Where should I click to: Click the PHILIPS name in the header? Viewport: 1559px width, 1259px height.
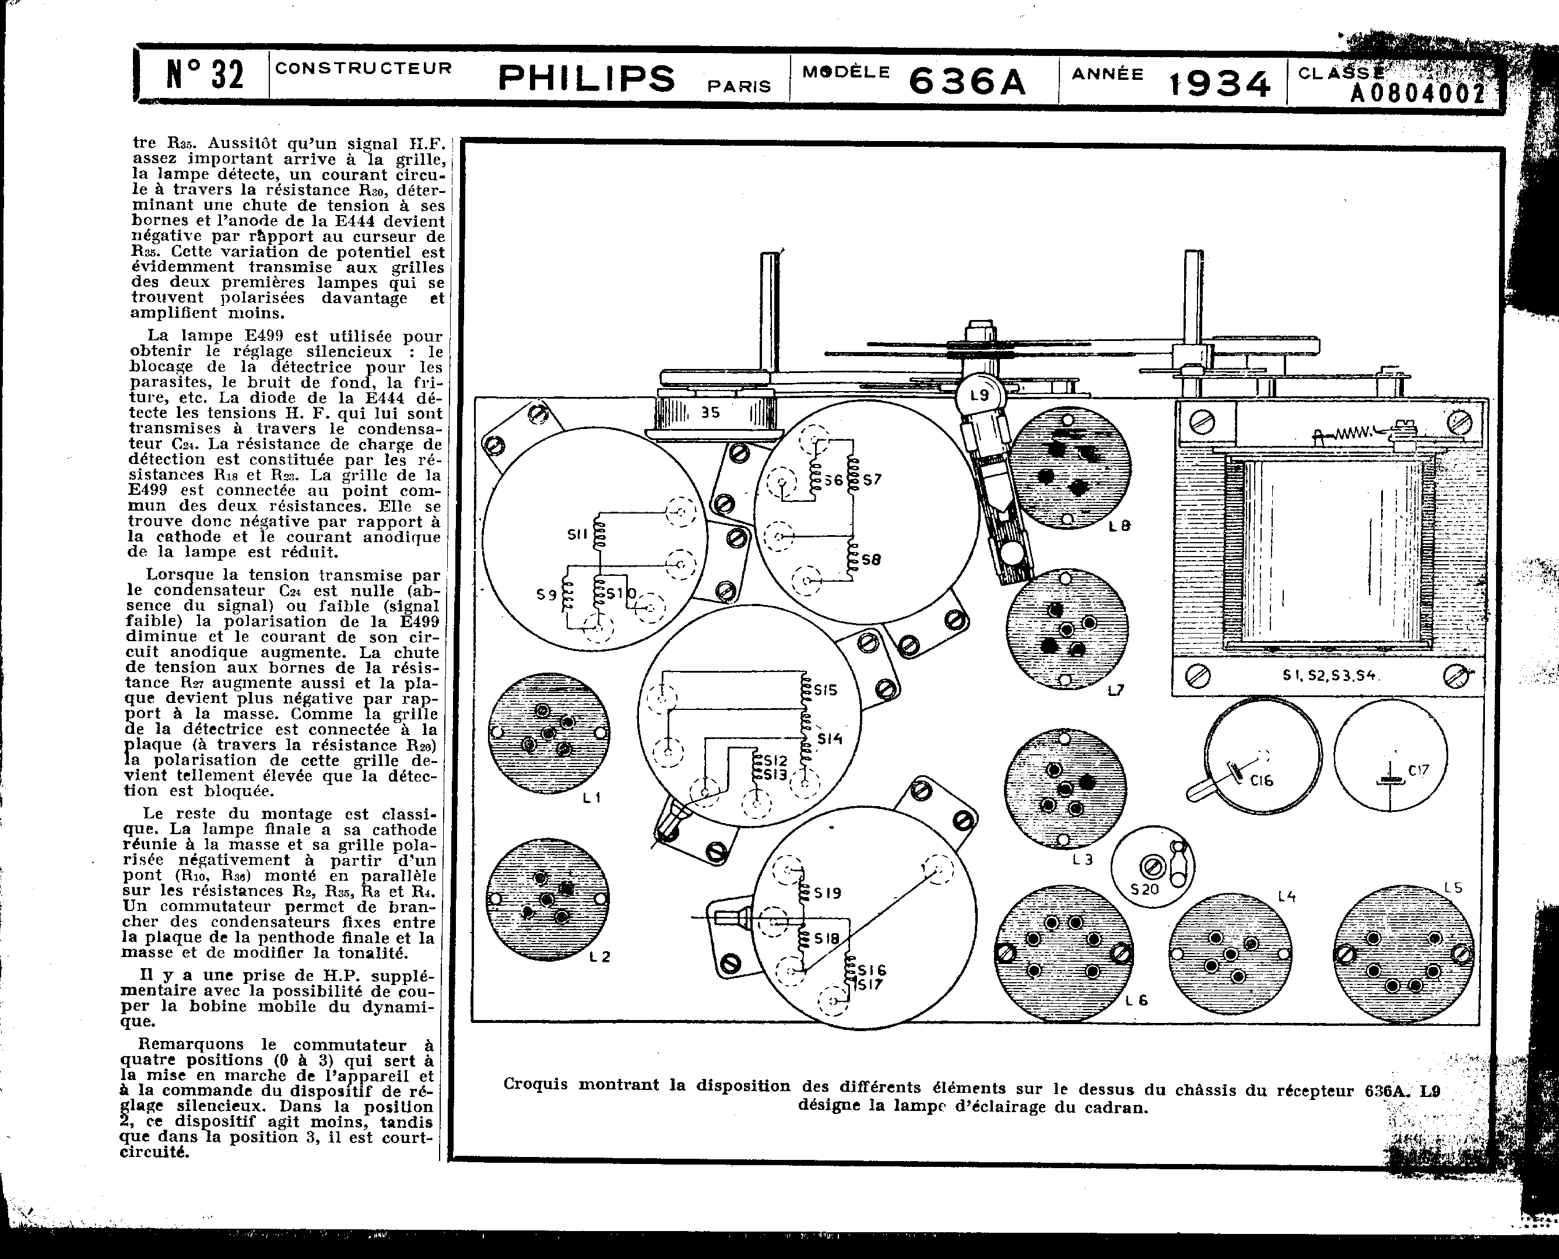coord(586,78)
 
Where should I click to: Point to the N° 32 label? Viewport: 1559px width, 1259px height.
coord(205,75)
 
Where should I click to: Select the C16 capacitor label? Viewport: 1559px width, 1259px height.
coord(1262,781)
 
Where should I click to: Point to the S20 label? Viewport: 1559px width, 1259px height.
coord(1145,888)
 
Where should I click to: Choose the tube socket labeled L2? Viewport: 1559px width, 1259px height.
coord(547,899)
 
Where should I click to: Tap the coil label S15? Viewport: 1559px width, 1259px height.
coord(826,690)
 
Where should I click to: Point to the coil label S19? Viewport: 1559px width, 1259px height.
coord(828,893)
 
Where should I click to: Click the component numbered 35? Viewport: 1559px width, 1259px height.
coord(710,413)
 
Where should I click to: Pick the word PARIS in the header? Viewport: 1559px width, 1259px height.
coord(739,86)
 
